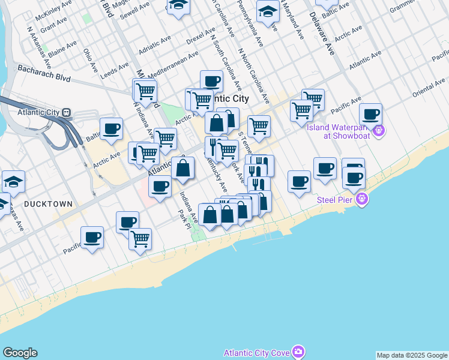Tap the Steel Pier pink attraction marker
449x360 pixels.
click(x=361, y=199)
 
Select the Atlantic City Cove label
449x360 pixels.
click(x=256, y=352)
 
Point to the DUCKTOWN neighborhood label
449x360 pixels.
click(x=48, y=204)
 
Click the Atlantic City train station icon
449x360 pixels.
click(x=67, y=112)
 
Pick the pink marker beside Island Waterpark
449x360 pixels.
click(x=378, y=130)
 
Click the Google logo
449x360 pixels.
click(x=20, y=353)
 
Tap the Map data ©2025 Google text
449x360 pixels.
click(x=412, y=355)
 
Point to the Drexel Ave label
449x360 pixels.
click(x=200, y=36)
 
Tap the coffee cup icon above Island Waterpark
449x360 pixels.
click(x=370, y=113)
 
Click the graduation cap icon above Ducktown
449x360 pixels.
click(x=13, y=180)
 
